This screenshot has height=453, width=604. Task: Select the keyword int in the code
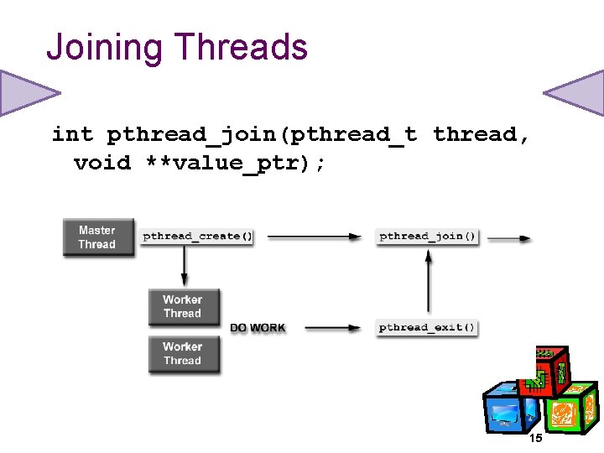pyautogui.click(x=72, y=134)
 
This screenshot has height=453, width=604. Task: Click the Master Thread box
pyautogui.click(x=97, y=237)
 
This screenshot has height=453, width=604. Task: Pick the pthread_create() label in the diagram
pyautogui.click(x=197, y=237)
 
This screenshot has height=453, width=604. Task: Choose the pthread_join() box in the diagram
pyautogui.click(x=428, y=237)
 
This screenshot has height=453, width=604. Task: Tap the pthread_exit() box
pyautogui.click(x=427, y=327)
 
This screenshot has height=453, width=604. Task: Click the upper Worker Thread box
pyautogui.click(x=182, y=306)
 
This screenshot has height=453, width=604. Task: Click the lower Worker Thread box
pyautogui.click(x=182, y=353)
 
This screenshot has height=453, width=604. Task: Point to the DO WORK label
pyautogui.click(x=258, y=328)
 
